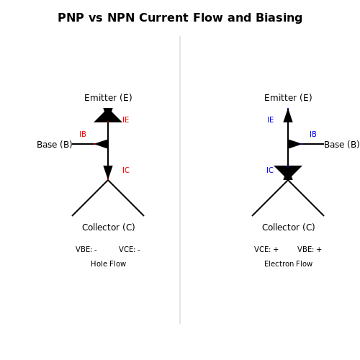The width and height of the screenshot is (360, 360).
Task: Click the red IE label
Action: [126, 120]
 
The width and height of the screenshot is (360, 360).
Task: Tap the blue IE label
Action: [271, 120]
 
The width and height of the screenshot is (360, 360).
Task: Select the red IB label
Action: [83, 134]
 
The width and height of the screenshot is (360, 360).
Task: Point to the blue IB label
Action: [313, 134]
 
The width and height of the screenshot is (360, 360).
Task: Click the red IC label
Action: [126, 170]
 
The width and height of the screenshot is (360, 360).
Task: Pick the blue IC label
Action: [270, 170]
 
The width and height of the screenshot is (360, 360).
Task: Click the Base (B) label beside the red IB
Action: [55, 145]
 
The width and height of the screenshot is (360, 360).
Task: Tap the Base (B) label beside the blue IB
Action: [342, 145]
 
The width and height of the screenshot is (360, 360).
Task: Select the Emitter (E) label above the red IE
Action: [108, 98]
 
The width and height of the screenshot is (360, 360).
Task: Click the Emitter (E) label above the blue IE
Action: [288, 98]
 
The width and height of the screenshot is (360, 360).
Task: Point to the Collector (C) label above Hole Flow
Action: [109, 228]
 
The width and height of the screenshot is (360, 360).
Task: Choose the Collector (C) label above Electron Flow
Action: [289, 228]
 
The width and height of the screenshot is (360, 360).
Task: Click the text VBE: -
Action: [86, 250]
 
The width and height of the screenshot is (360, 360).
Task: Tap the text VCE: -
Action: [130, 250]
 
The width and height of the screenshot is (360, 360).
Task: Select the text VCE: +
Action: [266, 250]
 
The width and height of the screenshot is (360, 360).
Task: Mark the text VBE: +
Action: [310, 250]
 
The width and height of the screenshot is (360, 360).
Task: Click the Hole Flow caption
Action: [109, 264]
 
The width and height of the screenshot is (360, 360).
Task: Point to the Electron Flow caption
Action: [289, 264]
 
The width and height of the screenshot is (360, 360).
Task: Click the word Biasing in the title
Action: [279, 18]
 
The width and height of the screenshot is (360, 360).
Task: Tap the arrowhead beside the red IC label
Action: [108, 171]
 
